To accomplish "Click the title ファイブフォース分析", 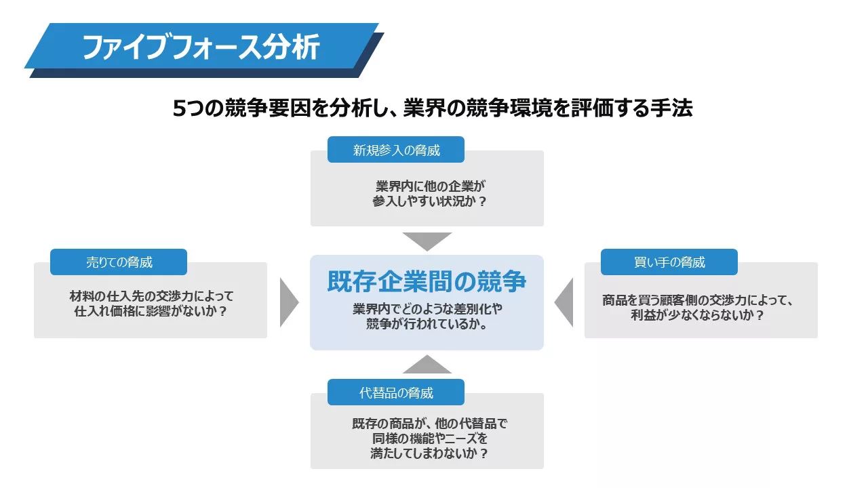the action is [201, 47].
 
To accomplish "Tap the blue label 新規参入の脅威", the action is [395, 150].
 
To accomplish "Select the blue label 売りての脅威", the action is [119, 262].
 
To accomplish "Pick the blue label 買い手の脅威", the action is [669, 262].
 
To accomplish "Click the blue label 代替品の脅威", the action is [395, 392].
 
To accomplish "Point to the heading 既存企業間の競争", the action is [427, 281].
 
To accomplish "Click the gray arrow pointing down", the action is [427, 241].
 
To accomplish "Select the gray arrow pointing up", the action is [427, 365].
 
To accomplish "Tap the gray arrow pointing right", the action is [289, 302].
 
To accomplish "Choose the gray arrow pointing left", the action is [564, 302].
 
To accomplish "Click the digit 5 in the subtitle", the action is [180, 108].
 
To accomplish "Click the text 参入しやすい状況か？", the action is [429, 201].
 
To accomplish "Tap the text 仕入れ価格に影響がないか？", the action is [151, 311].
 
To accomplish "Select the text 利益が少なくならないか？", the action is [697, 315].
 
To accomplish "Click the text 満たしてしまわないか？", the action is [429, 453].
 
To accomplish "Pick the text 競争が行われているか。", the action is [427, 324].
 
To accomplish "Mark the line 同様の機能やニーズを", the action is [429, 439].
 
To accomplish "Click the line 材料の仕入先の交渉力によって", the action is [151, 296].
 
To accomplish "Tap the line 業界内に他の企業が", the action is [430, 186].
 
